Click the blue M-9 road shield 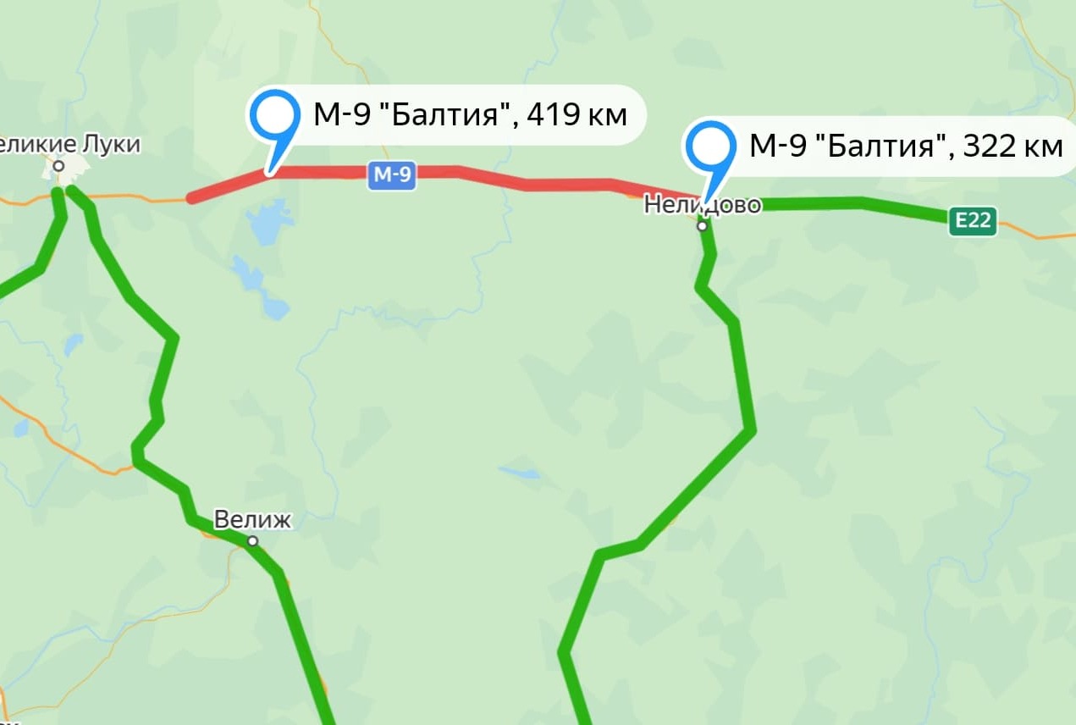392,175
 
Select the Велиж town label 251,519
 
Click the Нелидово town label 703,204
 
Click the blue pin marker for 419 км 273,118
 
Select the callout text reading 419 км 577,113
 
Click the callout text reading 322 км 1012,146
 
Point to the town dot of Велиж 252,541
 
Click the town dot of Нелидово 702,226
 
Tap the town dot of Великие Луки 58,166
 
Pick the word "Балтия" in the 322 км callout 885,146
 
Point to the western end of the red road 192,200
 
